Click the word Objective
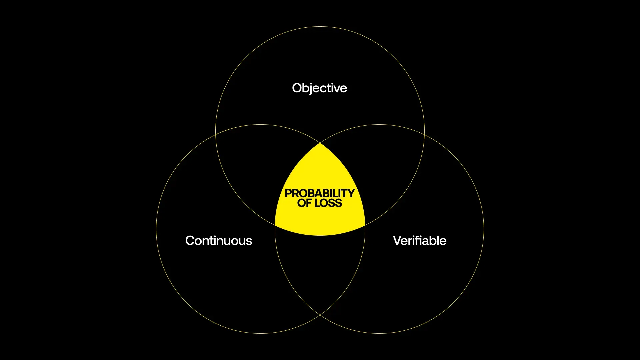pyautogui.click(x=319, y=88)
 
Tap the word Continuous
pyautogui.click(x=219, y=241)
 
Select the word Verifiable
pyautogui.click(x=420, y=241)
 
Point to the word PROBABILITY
pyautogui.click(x=320, y=193)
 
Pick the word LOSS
pyautogui.click(x=328, y=203)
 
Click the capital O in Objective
pyautogui.click(x=297, y=88)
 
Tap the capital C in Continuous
pyautogui.click(x=191, y=241)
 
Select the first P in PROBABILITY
pyautogui.click(x=289, y=193)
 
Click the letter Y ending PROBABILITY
pyautogui.click(x=351, y=193)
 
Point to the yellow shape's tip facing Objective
pyautogui.click(x=320, y=143)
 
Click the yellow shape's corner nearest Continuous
pyautogui.click(x=275, y=225)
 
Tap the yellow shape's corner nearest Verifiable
pyautogui.click(x=365, y=225)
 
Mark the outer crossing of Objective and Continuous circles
pyautogui.click(x=216, y=134)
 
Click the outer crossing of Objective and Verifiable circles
pyautogui.click(x=424, y=134)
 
